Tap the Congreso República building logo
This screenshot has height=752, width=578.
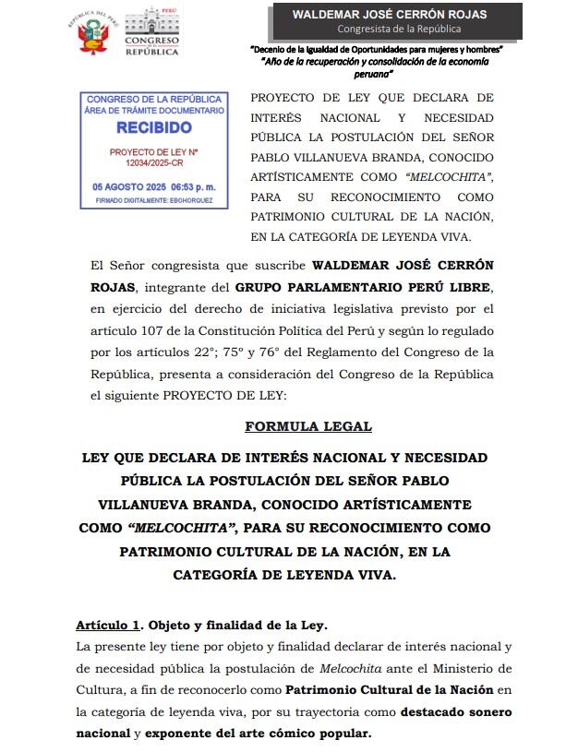[x=151, y=32]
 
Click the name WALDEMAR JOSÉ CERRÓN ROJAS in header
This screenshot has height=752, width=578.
[x=389, y=15]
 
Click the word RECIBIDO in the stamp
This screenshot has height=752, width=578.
[x=154, y=126]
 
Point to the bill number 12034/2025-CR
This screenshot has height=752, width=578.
[x=154, y=161]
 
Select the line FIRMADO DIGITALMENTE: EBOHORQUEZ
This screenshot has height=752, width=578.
[x=154, y=198]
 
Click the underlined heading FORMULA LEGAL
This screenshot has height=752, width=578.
[x=308, y=426]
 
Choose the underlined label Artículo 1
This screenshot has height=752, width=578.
[x=110, y=626]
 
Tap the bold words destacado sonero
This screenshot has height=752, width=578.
[x=456, y=712]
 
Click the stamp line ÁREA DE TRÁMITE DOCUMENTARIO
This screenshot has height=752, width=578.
[x=154, y=110]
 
